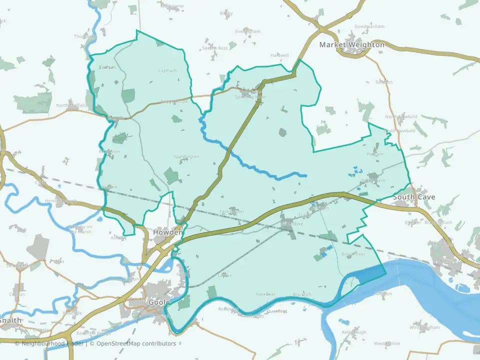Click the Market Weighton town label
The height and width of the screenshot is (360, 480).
(x=352, y=45)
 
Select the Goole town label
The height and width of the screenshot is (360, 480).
(x=159, y=302)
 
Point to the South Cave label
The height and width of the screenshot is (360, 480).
(x=413, y=197)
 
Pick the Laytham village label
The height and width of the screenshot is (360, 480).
(x=167, y=70)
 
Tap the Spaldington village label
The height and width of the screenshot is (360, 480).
(x=186, y=156)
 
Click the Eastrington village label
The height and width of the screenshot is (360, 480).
(x=231, y=211)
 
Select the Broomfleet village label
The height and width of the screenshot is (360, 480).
(x=353, y=254)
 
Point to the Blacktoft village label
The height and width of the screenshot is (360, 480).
(x=301, y=294)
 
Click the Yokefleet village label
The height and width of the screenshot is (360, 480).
(x=265, y=294)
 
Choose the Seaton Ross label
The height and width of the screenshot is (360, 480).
(x=215, y=48)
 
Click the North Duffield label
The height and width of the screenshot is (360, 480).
(x=71, y=105)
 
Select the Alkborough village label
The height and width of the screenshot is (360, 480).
(x=354, y=332)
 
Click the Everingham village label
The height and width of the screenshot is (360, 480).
(x=247, y=31)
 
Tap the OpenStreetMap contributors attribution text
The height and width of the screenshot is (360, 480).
(x=136, y=343)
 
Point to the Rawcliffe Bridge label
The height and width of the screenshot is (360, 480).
(x=93, y=333)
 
